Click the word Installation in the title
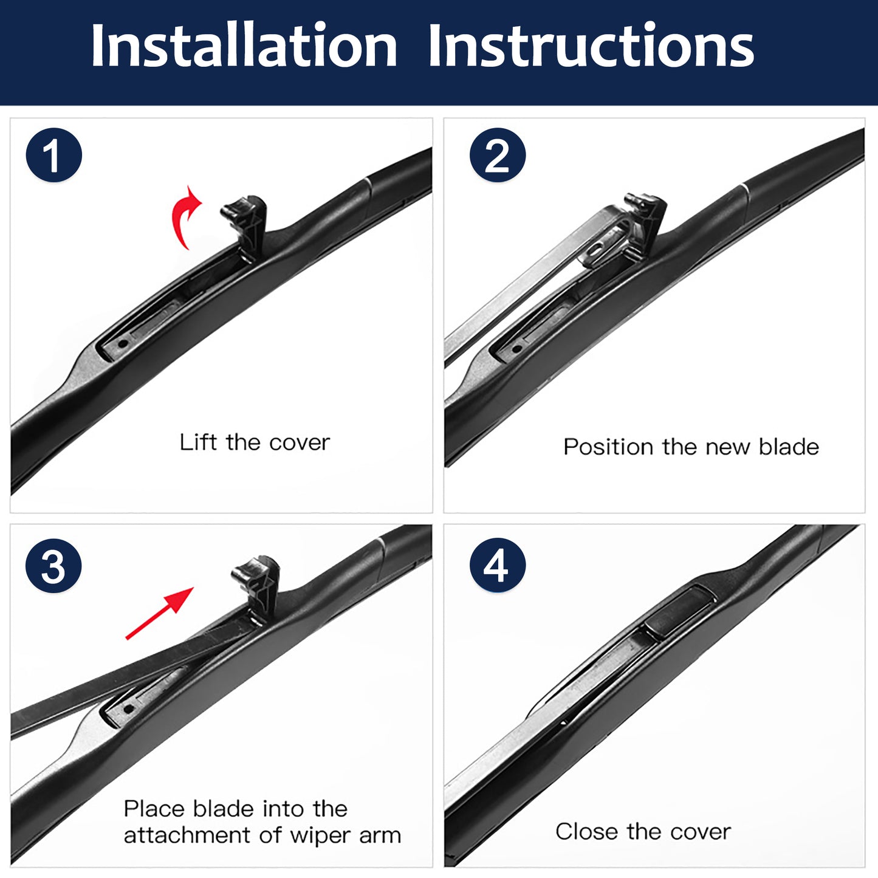point(244,46)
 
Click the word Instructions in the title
point(591,46)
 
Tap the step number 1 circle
point(53,155)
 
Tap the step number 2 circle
point(498,155)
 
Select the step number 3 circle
point(53,566)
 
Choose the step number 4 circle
point(498,566)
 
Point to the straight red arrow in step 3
point(159,613)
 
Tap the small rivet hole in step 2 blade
point(516,349)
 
